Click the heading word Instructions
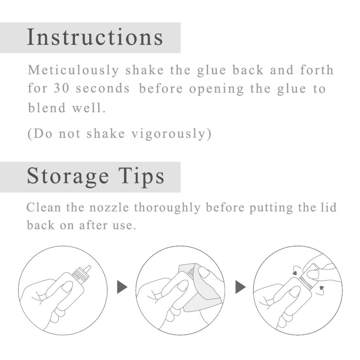[x=95, y=37]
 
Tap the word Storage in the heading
[x=68, y=177]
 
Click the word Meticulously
[x=73, y=70]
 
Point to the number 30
[x=61, y=88]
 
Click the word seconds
[x=103, y=89]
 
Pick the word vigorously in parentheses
[x=169, y=134]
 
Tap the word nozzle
[x=109, y=207]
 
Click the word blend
[x=47, y=108]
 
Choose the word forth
[x=317, y=70]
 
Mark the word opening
[x=216, y=89]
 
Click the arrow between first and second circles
[x=122, y=287]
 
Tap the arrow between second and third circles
[x=240, y=287]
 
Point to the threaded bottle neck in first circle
[x=78, y=274]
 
